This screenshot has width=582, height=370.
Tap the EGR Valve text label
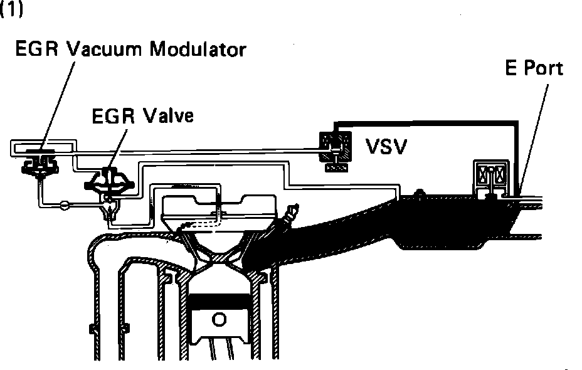142,116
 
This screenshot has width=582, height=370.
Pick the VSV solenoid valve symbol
332,151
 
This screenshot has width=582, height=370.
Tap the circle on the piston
219,320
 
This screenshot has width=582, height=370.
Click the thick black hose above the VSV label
426,121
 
